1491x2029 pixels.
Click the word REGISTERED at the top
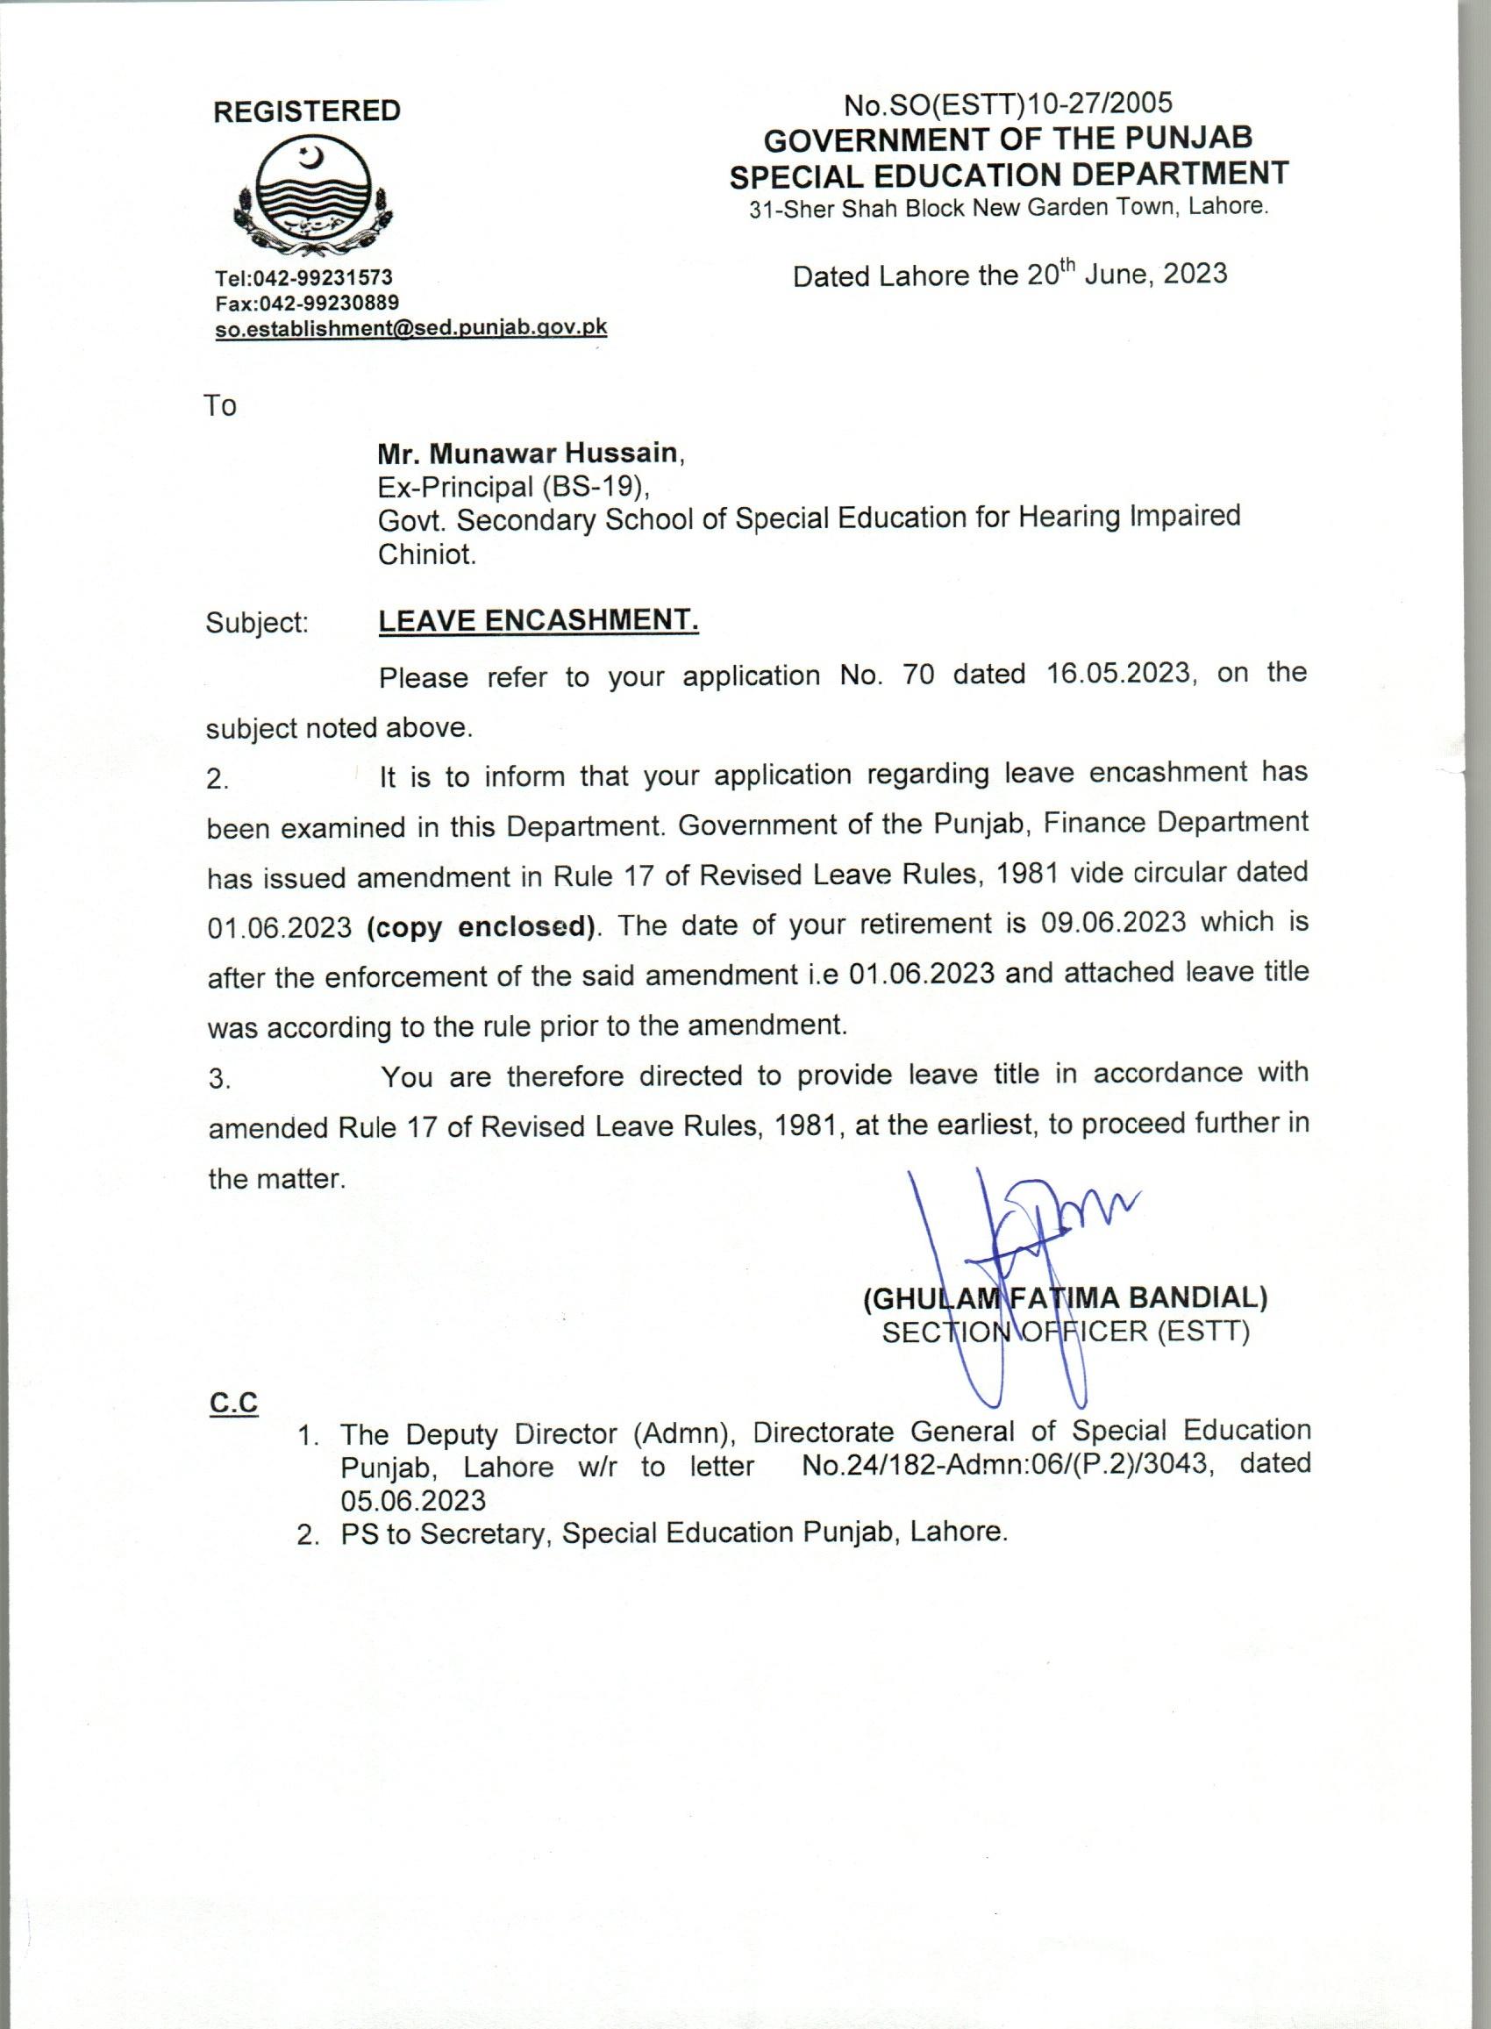click(x=307, y=111)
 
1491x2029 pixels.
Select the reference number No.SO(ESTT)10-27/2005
click(x=1008, y=104)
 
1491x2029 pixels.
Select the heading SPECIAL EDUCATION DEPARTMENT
click(x=1009, y=175)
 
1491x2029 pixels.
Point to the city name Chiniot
click(x=425, y=554)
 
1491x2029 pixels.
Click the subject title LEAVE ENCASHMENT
click(x=538, y=620)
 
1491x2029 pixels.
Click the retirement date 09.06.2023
click(x=1113, y=923)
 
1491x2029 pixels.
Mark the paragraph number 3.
click(x=219, y=1080)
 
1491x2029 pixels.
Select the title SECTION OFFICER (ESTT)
click(x=1065, y=1332)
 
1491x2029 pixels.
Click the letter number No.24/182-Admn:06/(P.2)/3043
click(x=1003, y=1464)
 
